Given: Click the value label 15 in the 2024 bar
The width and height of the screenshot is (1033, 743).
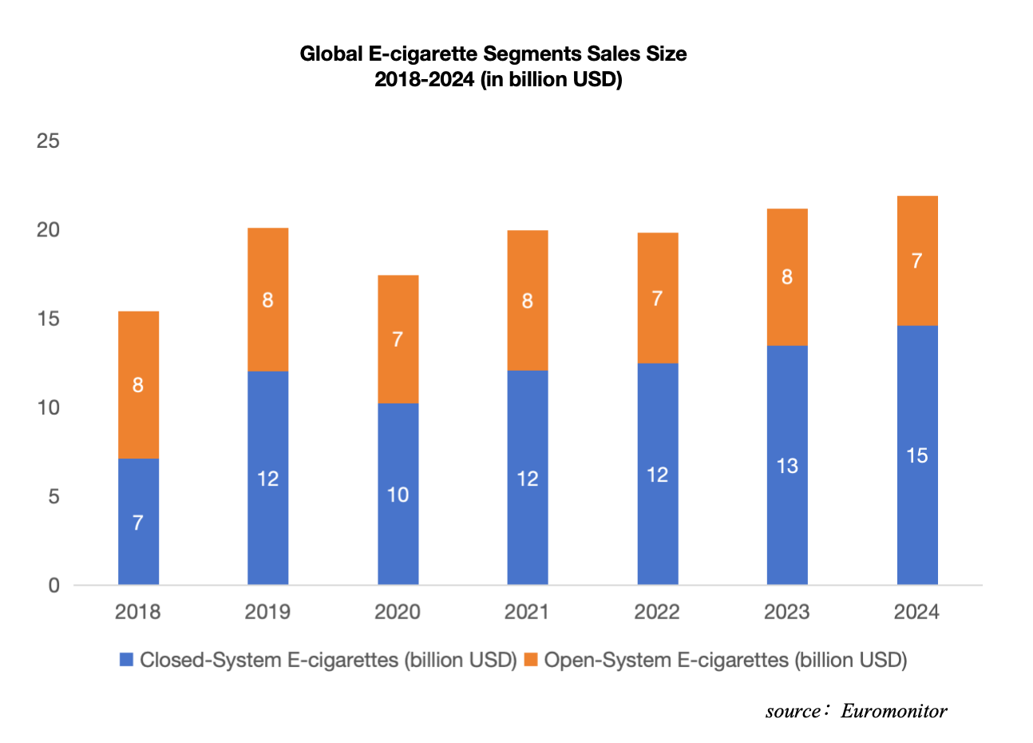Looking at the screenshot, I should click(x=917, y=455).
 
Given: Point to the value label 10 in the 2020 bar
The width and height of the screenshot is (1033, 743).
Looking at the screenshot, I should click(x=398, y=495).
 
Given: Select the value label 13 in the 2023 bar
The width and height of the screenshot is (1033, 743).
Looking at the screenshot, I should click(x=787, y=466).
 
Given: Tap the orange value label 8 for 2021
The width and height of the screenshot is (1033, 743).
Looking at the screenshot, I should click(x=527, y=301).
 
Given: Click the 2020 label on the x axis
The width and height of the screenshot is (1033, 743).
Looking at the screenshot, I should click(x=398, y=612).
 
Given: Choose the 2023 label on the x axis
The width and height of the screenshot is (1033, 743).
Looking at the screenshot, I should click(x=787, y=612).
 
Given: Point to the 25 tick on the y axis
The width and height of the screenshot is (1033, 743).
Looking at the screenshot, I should click(x=49, y=141).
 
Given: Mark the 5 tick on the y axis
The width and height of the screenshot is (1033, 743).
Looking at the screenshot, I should click(x=53, y=497).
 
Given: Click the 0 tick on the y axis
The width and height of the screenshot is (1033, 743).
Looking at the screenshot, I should click(x=53, y=586).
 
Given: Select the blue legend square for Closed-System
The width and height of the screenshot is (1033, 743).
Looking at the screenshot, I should click(x=126, y=660).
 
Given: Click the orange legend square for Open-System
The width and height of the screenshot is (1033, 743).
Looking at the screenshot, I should click(x=531, y=660).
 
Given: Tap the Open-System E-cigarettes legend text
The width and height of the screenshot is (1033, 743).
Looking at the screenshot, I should click(x=726, y=660).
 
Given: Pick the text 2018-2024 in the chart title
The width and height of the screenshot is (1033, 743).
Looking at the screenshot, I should click(x=425, y=79).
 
